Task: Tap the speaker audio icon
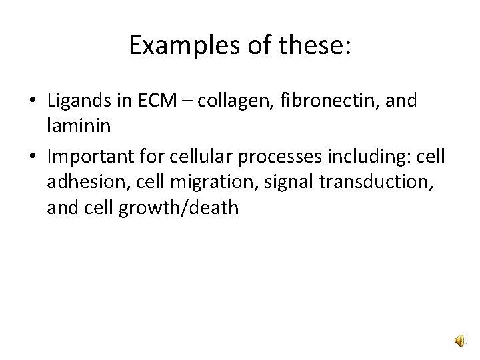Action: [461, 342]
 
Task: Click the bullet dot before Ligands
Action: [32, 102]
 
